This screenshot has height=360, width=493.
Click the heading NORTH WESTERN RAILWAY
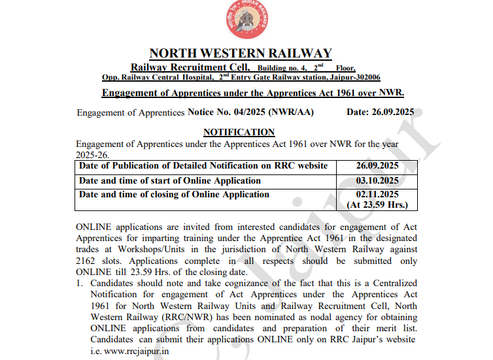coord(241,54)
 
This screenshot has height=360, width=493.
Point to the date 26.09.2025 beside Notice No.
coord(390,112)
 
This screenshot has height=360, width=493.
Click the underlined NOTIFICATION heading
coord(239,133)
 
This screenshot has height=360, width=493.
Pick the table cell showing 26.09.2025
coord(377,166)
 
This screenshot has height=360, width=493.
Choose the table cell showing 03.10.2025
coord(377,180)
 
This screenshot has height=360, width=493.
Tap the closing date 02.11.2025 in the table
coord(377,194)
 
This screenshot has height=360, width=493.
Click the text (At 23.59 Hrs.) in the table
coord(377,205)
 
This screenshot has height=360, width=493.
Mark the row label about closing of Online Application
coord(174,194)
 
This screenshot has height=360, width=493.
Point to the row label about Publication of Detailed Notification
coord(203,166)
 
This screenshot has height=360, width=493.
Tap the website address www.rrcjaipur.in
coord(137,351)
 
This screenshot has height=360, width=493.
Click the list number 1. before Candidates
coord(80,284)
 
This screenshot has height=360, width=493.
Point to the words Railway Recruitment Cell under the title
coord(190,67)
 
